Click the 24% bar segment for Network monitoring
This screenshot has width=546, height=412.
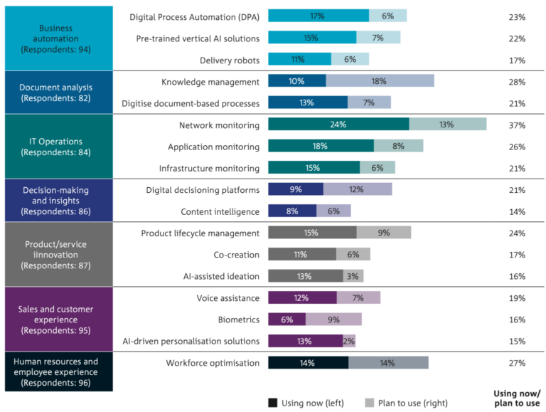[338, 125]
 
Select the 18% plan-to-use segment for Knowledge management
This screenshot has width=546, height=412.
[380, 82]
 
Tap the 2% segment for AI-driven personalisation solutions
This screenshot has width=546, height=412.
[349, 341]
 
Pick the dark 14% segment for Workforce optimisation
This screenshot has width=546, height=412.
[308, 363]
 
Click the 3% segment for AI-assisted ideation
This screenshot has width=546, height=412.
[353, 276]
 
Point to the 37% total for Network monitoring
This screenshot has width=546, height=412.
[517, 125]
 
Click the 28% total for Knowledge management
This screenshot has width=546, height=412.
[517, 82]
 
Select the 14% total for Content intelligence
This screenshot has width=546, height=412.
[517, 211]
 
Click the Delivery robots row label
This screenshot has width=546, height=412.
[229, 60]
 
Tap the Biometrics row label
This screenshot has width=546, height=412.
[239, 319]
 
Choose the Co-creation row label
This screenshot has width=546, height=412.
[237, 255]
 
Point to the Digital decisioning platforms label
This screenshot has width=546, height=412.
[203, 190]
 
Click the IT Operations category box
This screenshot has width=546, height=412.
[59, 147]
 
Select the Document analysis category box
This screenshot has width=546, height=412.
[59, 93]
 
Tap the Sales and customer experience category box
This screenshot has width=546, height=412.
[59, 319]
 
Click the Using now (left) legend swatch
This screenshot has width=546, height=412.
[273, 402]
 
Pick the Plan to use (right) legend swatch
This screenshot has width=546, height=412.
[370, 402]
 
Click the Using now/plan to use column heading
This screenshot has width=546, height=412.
[517, 398]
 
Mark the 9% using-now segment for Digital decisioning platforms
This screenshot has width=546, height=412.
[296, 189]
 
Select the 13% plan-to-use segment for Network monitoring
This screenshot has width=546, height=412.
[447, 125]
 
